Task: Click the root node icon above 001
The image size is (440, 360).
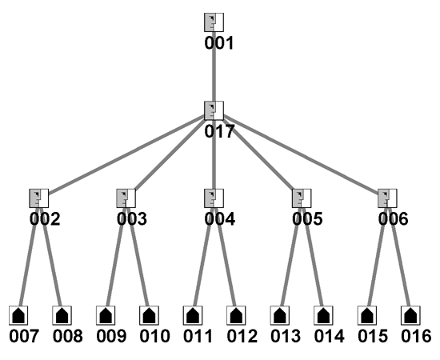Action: [x=214, y=22]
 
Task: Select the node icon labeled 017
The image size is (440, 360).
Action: [x=214, y=110]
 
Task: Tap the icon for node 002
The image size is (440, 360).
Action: [x=39, y=198]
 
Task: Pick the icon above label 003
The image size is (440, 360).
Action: [x=126, y=198]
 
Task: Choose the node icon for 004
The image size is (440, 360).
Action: [x=214, y=198]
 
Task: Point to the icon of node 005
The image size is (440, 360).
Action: [x=302, y=198]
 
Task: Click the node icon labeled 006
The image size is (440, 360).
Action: [x=387, y=198]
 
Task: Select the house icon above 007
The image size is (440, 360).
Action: [x=18, y=315]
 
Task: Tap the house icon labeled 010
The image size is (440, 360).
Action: [x=150, y=315]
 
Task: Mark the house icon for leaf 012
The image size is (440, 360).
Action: [x=236, y=315]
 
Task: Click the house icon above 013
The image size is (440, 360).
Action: [x=280, y=315]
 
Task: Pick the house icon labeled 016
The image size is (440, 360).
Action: [x=410, y=315]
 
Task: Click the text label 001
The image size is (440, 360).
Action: [x=219, y=43]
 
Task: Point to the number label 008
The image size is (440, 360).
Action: [x=68, y=336]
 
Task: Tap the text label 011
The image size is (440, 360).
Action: [x=198, y=336]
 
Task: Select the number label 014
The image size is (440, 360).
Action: [x=329, y=336]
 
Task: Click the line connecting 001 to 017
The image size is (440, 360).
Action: [x=214, y=66]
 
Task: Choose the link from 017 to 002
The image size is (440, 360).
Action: [x=126, y=154]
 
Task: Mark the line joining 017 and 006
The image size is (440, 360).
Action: [x=301, y=154]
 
